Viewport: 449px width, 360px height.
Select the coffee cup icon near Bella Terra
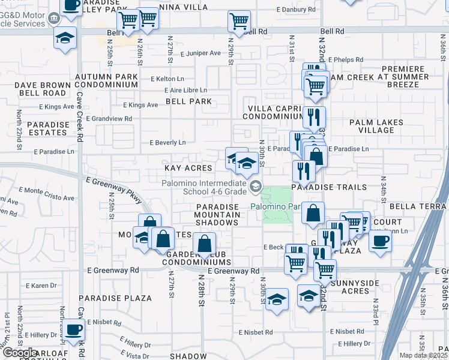pyautogui.click(x=379, y=241)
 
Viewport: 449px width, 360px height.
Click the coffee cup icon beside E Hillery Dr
pyautogui.click(x=73, y=329)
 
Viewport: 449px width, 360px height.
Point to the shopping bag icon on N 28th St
pyautogui.click(x=204, y=243)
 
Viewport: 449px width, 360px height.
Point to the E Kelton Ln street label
pyautogui.click(x=167, y=79)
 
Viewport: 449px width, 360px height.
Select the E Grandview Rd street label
pyautogui.click(x=112, y=119)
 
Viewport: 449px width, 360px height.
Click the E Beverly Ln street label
pyautogui.click(x=167, y=142)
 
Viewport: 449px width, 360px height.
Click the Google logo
pyautogui.click(x=19, y=353)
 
